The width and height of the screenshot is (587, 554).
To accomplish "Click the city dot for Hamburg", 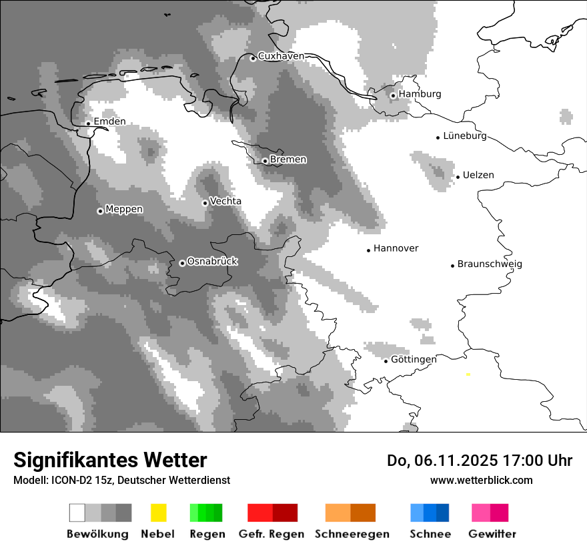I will click(x=393, y=95).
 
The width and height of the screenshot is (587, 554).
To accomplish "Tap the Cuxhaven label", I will click(x=281, y=57).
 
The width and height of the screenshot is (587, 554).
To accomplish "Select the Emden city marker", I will click(x=88, y=123).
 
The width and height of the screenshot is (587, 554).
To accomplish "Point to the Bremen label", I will click(x=288, y=160).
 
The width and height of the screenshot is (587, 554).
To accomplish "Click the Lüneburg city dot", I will click(x=438, y=137).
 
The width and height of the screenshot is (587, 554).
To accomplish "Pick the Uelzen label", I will click(x=478, y=176).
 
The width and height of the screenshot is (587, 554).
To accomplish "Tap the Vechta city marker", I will click(x=205, y=203).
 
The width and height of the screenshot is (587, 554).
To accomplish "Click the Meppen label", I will click(x=124, y=210).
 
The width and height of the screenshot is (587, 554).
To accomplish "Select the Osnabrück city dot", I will click(x=182, y=263).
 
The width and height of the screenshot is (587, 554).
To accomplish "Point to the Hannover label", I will click(x=396, y=249).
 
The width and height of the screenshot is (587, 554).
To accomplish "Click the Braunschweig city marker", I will click(x=452, y=266).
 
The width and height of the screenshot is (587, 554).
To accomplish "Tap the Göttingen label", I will click(x=414, y=360).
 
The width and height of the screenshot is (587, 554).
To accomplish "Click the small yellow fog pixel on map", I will click(x=468, y=374).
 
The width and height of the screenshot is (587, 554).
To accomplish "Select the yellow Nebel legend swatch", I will click(x=158, y=513).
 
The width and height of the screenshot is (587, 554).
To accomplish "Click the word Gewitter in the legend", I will click(x=492, y=534).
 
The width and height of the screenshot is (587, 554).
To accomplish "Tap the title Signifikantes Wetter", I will click(x=110, y=461).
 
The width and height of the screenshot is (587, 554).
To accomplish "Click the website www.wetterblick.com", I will click(x=481, y=480).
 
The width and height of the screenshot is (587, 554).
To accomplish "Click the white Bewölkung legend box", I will click(x=77, y=513).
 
